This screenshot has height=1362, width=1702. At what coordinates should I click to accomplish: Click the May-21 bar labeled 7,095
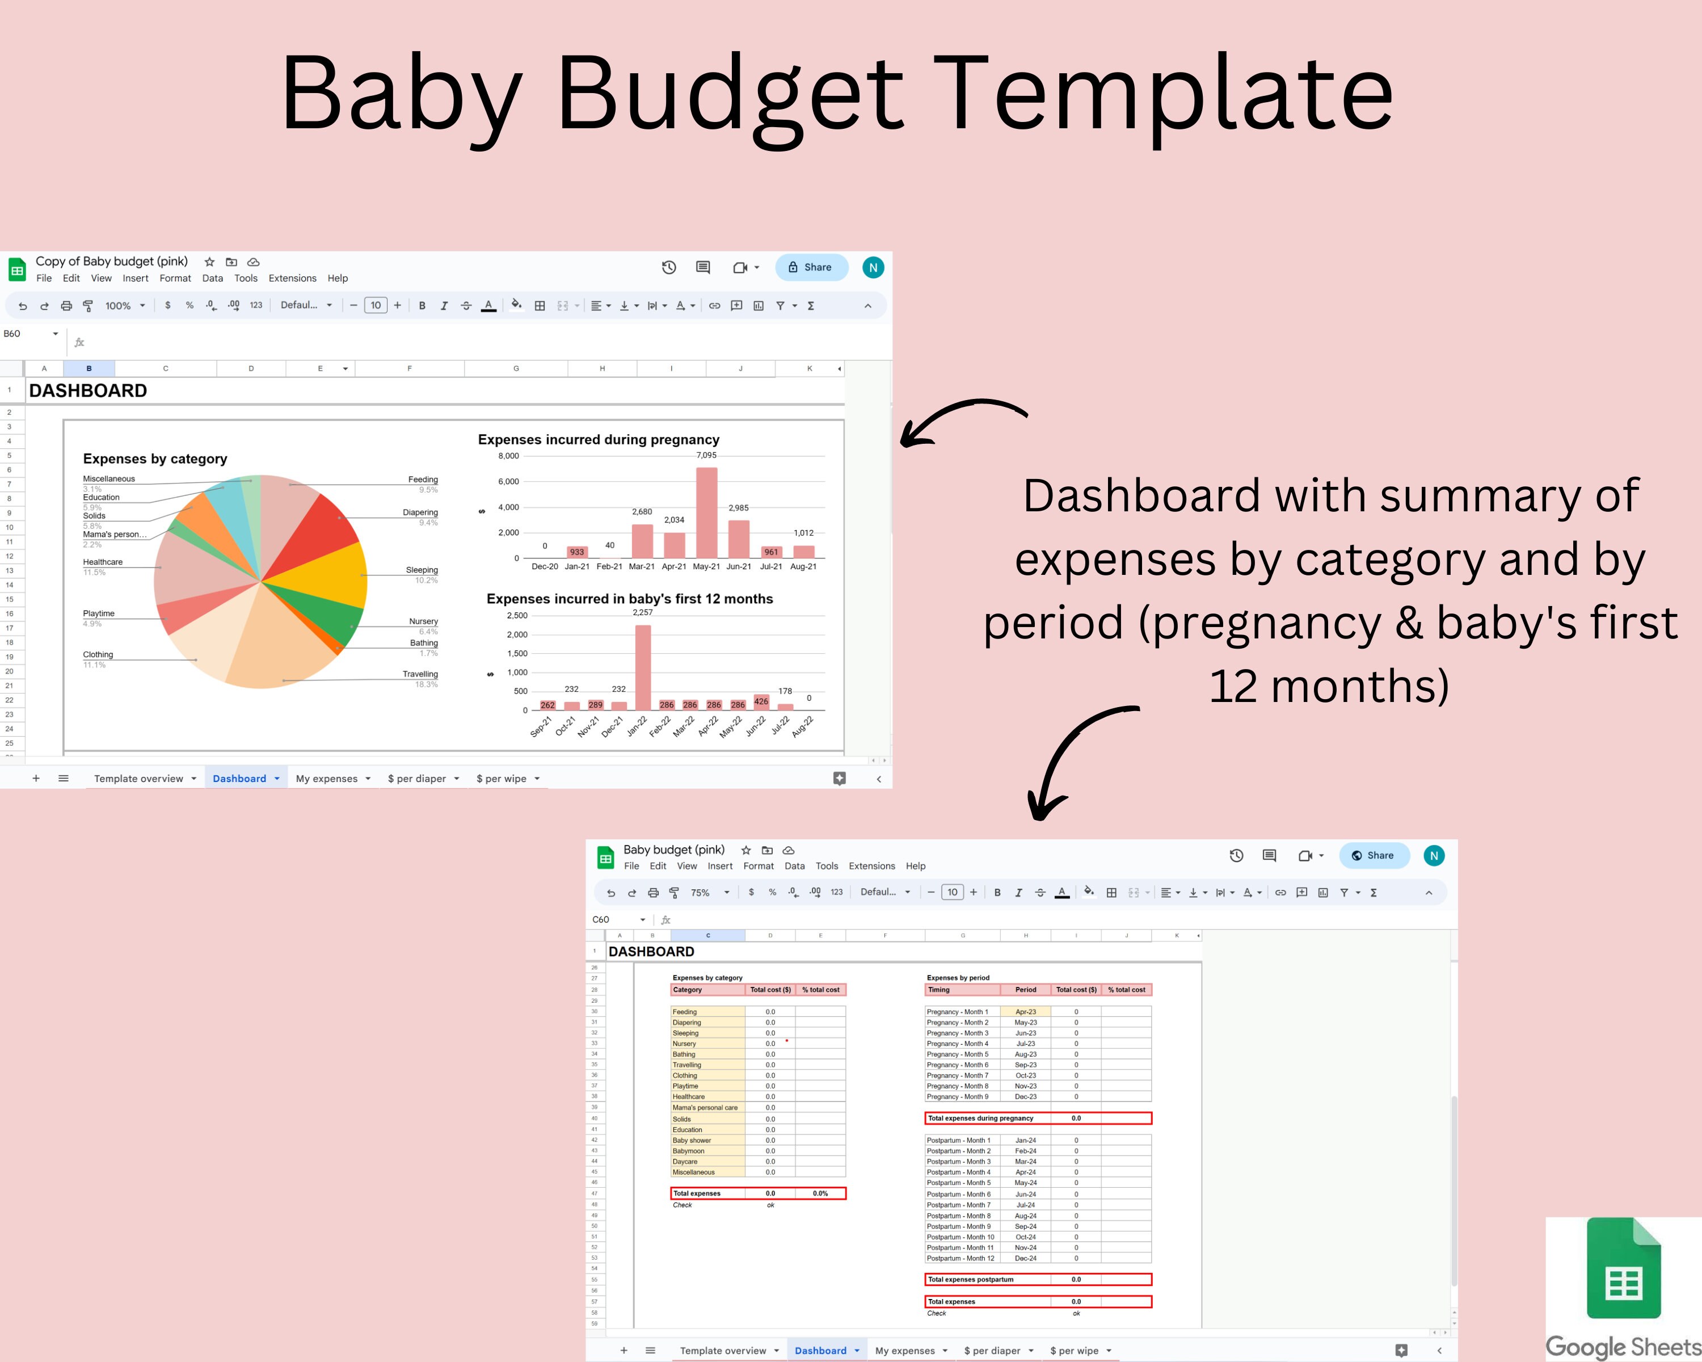(x=706, y=513)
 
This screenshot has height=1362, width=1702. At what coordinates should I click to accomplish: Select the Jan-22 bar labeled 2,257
(x=643, y=668)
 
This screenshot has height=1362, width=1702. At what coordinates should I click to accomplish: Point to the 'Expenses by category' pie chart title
(x=155, y=459)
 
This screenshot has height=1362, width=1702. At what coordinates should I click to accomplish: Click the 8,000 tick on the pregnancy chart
(x=508, y=456)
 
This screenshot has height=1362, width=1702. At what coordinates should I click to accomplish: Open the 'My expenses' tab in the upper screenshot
(x=327, y=779)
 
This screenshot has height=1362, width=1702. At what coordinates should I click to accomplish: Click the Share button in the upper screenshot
(x=811, y=267)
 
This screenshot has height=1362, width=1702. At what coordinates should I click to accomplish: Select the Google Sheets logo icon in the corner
(x=1623, y=1269)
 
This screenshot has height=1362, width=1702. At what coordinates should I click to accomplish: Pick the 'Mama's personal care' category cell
(x=705, y=1108)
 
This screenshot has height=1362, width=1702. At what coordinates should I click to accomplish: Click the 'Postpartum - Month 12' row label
(x=960, y=1258)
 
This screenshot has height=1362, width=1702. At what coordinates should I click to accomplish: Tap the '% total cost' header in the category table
(x=820, y=989)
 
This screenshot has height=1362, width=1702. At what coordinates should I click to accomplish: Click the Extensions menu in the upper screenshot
(x=292, y=278)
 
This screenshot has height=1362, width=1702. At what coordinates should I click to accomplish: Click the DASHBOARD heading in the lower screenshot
(x=651, y=952)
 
